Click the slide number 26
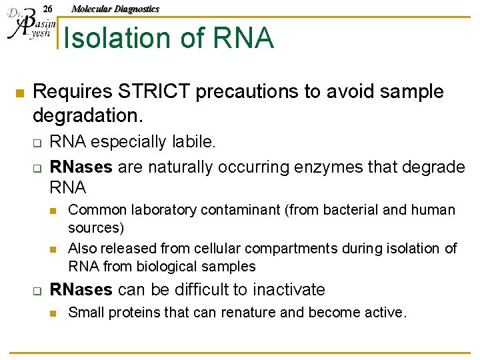coord(47,9)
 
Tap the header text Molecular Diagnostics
coord(115,9)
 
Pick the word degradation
coord(87,115)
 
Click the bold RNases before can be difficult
coord(81,290)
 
